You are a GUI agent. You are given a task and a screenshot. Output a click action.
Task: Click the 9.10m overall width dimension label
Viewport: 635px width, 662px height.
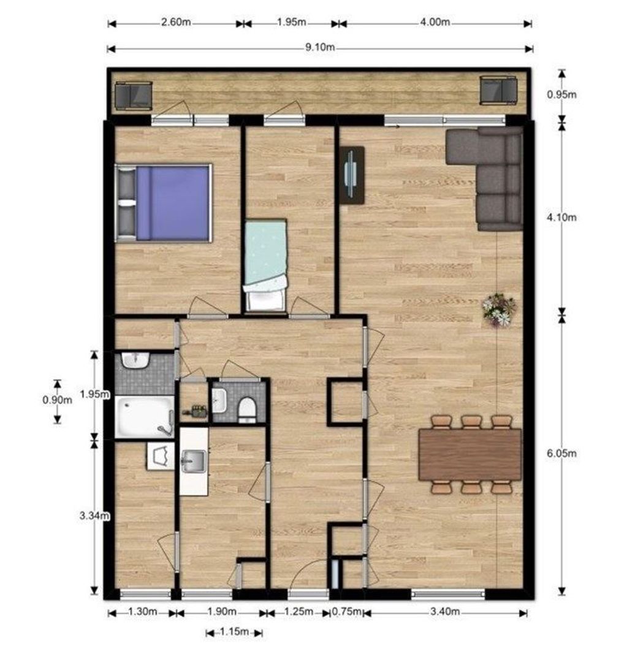320,47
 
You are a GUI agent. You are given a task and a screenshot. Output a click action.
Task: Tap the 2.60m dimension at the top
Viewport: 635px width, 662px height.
176,22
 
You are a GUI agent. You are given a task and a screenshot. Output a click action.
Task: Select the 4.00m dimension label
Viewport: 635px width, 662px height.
435,22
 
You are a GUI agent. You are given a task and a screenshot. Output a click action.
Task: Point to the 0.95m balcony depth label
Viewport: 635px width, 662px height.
561,94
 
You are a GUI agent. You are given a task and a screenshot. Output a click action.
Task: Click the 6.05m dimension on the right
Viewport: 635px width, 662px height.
561,454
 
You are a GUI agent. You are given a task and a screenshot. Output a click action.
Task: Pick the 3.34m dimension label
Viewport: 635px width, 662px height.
94,516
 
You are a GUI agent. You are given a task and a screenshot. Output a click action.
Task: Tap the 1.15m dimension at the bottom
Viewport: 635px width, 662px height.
234,631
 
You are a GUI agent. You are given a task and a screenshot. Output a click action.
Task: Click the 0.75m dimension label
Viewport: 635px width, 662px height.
347,611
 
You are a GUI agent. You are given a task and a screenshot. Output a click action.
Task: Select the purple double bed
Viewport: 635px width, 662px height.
164,203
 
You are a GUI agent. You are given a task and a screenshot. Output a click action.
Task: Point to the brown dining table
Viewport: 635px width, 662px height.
470,454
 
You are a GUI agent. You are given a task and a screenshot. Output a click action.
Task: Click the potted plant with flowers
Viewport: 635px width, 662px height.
499,310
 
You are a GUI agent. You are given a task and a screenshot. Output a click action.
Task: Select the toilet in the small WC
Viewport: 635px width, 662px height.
247,409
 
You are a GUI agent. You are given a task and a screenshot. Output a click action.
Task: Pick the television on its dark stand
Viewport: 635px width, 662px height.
352,175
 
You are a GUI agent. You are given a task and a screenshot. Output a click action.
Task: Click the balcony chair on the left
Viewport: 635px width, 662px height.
134,96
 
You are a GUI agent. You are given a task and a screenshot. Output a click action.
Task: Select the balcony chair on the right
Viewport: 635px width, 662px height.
499,90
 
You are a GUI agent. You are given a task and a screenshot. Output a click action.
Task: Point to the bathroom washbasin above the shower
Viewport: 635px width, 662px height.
135,360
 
